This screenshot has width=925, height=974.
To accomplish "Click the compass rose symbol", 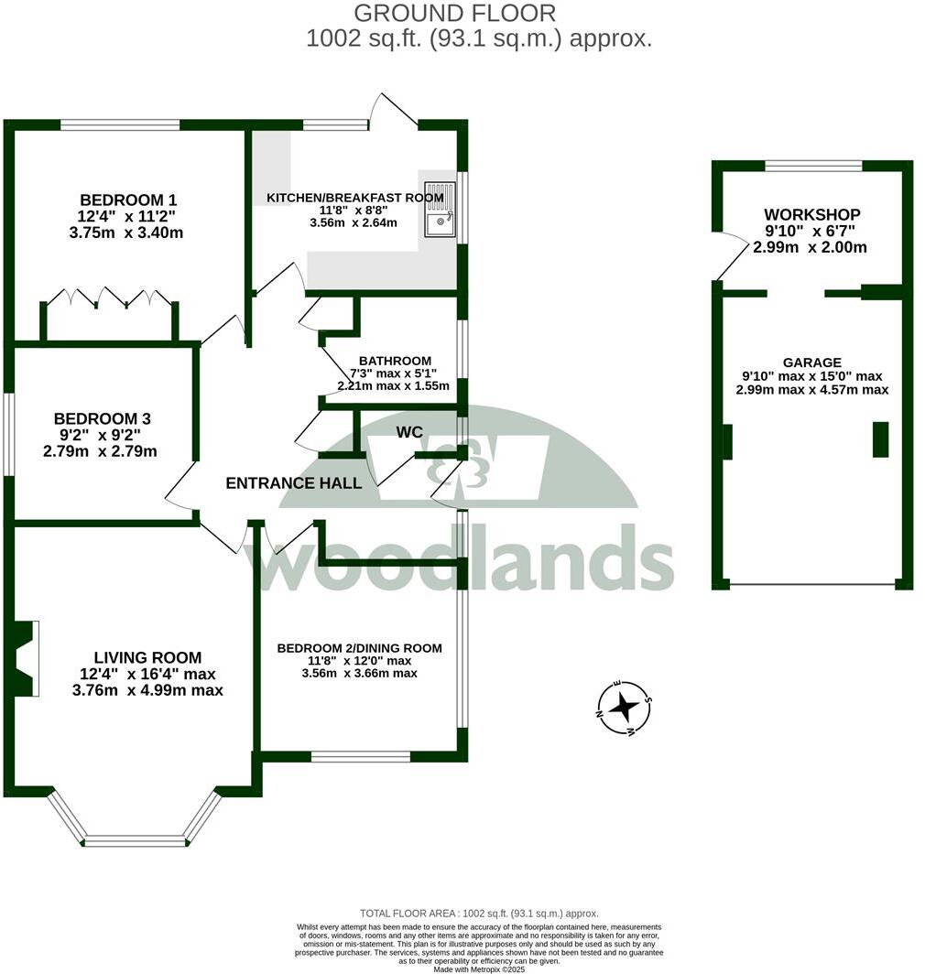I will coord(625,707).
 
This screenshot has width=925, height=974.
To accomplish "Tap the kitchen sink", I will coord(440,212).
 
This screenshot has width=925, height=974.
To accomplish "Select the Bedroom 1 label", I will coord(128,200).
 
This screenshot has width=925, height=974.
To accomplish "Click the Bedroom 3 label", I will coord(102,418).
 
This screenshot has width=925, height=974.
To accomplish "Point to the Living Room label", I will coord(147,657).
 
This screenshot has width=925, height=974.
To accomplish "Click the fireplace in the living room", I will coord(25,658).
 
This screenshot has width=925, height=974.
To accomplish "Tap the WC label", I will coord(409,431).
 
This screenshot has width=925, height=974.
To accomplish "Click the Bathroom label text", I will coord(395,361).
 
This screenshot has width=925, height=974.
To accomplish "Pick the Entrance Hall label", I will coord(293,483).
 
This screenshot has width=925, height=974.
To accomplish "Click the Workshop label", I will coord(811,214).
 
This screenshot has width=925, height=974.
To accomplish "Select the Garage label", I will coord(811,363).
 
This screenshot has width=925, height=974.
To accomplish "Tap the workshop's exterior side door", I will coord(731,256).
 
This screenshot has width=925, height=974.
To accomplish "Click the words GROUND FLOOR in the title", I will coord(454,13).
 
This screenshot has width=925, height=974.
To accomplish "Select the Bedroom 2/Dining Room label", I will coord(359,648).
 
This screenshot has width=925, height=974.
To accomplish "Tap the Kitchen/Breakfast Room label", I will coord(354,198).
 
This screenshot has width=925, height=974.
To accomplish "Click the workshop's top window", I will coord(813,166).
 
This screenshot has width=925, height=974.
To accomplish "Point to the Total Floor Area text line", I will coord(480,914).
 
